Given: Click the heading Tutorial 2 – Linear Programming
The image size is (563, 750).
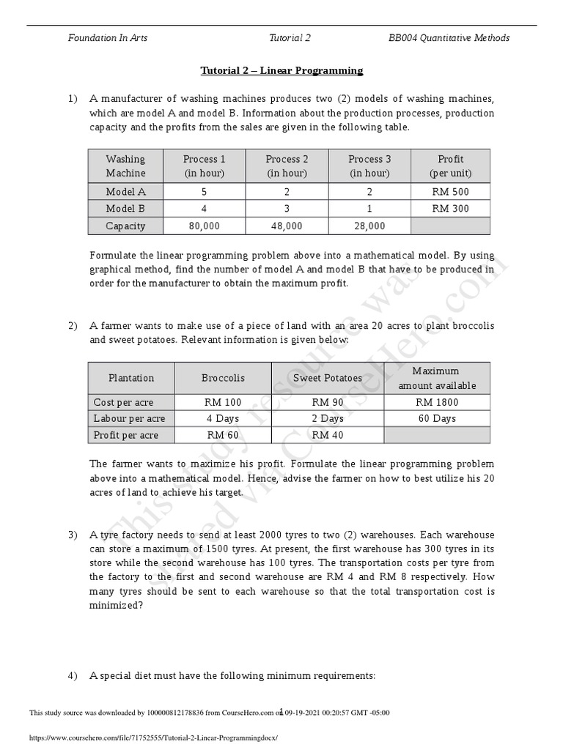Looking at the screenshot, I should pyautogui.click(x=281, y=71).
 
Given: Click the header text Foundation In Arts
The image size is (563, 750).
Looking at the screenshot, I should pyautogui.click(x=108, y=38).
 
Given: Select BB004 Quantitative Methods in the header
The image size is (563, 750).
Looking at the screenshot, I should pyautogui.click(x=449, y=38).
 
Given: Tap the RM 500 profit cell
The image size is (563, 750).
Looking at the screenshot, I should pyautogui.click(x=450, y=192).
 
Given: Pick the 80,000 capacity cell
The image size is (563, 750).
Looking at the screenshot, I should pyautogui.click(x=204, y=226).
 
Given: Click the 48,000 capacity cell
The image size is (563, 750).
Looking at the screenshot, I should pyautogui.click(x=287, y=226).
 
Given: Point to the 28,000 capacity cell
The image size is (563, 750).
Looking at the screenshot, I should pyautogui.click(x=369, y=226).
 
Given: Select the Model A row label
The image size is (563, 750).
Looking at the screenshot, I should pyautogui.click(x=126, y=192).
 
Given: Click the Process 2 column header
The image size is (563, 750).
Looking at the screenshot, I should pyautogui.click(x=287, y=166).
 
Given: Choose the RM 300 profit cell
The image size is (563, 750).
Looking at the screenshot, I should pyautogui.click(x=450, y=209).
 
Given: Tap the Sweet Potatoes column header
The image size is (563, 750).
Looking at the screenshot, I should pyautogui.click(x=327, y=379).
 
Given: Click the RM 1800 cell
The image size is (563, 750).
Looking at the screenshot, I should pyautogui.click(x=437, y=402).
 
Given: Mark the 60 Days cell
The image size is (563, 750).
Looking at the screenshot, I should pyautogui.click(x=437, y=419).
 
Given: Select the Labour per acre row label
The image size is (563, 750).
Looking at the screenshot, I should pyautogui.click(x=130, y=419).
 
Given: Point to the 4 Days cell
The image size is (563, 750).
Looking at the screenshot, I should pyautogui.click(x=223, y=419).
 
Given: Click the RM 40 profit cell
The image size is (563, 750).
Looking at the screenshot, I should pyautogui.click(x=327, y=435).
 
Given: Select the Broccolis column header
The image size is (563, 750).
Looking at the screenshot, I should pyautogui.click(x=223, y=379).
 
